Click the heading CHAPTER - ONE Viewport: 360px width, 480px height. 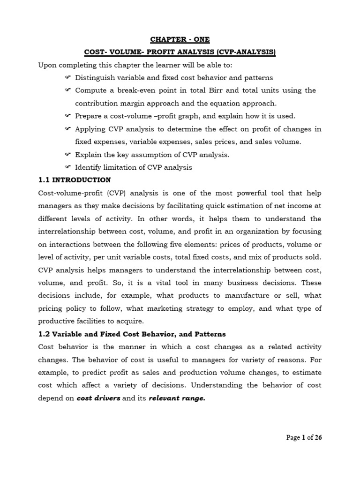(180, 40)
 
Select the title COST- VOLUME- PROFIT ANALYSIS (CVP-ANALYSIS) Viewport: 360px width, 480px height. (180, 53)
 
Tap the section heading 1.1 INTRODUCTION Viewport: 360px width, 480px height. (75, 180)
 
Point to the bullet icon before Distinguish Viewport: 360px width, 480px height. (68, 77)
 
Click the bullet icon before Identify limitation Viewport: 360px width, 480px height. (68, 167)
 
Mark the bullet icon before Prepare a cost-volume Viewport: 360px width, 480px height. (68, 116)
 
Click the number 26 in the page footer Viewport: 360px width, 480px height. (318, 437)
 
